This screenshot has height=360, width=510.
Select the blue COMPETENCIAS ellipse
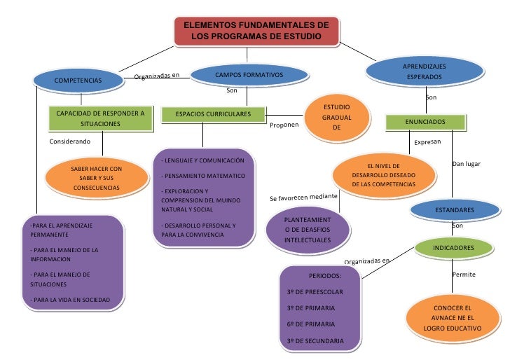78,81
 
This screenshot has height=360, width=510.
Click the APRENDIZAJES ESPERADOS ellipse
424,71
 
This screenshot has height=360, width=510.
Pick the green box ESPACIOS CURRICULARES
213,113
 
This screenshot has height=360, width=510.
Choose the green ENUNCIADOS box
425,122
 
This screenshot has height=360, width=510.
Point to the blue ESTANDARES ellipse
454,209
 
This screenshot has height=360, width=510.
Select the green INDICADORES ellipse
453,248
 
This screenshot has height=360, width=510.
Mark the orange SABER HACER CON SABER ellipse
97,179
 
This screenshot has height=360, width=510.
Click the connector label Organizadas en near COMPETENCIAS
157,76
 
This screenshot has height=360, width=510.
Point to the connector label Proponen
284,125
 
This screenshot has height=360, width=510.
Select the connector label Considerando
70,141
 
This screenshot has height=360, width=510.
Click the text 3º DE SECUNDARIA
315,341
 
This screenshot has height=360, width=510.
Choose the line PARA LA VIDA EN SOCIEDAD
71,300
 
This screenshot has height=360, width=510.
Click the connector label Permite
464,275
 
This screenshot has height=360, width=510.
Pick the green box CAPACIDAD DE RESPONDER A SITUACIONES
100,118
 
